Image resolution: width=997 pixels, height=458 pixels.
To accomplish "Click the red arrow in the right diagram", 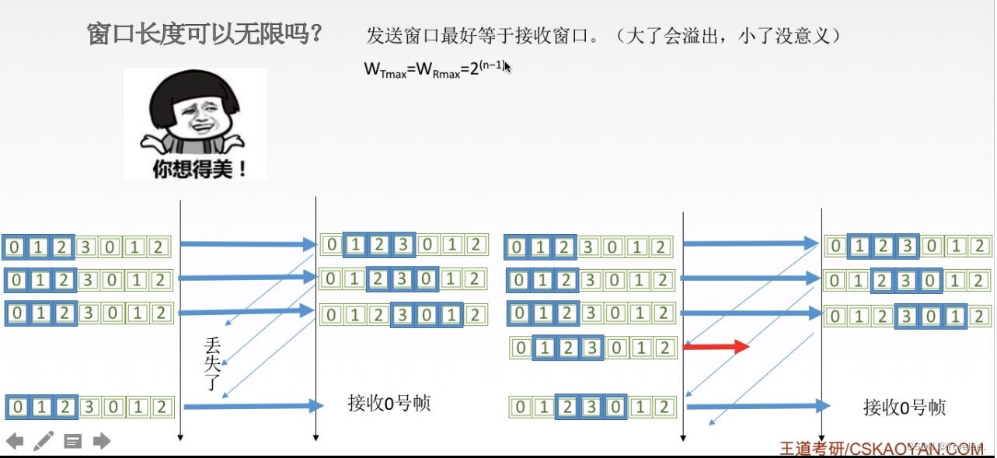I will (715, 346).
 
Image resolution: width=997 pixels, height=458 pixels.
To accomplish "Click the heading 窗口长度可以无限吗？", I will (205, 35).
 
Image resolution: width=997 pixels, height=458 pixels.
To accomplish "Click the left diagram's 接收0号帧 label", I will (389, 404).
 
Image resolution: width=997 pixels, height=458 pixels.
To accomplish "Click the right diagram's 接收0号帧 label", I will (904, 407).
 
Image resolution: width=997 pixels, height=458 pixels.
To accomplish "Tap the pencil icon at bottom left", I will (44, 441).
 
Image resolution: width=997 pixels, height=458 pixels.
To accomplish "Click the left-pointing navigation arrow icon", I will (14, 441).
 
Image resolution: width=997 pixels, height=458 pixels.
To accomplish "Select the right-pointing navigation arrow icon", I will (102, 441).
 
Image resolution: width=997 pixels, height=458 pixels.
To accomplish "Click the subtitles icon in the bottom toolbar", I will (72, 441).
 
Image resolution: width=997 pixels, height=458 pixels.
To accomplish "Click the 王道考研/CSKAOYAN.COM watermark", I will (881, 448).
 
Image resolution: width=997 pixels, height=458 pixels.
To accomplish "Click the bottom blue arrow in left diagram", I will (253, 405).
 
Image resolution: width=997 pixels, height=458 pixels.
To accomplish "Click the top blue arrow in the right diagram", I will (750, 243).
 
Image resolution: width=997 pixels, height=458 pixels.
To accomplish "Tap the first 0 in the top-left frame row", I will (14, 247).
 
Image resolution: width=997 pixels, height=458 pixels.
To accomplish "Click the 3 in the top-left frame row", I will (88, 247).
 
